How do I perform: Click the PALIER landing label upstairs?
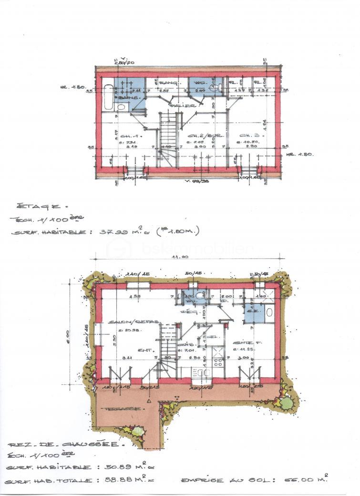pos(178,105)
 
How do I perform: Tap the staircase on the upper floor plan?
pos(168,138)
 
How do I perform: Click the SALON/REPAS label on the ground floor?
pos(127,322)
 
